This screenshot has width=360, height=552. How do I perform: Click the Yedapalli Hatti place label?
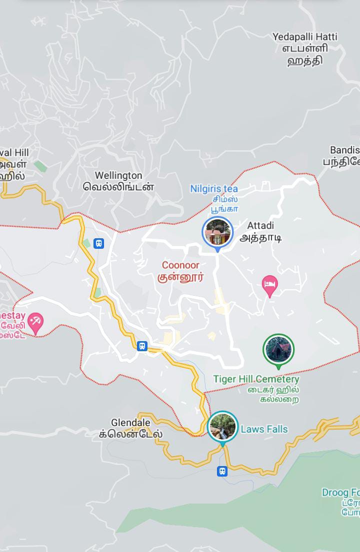(304, 37)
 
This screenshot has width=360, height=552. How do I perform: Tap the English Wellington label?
(118, 176)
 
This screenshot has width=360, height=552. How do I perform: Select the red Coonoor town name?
(180, 265)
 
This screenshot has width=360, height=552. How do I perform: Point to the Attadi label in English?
(260, 226)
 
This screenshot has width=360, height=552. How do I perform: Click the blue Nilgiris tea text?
(214, 189)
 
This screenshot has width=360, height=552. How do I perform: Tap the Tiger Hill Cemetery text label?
(256, 379)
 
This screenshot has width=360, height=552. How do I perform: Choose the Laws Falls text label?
(264, 429)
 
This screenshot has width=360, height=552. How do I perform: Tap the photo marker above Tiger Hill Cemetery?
(278, 350)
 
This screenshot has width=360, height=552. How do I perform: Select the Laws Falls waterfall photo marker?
(222, 426)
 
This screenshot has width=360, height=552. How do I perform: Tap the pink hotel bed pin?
(270, 286)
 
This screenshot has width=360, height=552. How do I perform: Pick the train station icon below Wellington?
(99, 243)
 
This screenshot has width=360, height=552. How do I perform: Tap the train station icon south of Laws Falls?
(222, 471)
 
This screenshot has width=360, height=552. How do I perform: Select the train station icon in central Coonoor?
(142, 346)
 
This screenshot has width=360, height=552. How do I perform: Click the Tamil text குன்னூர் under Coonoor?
(180, 278)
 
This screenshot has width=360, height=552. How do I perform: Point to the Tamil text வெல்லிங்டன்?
(118, 187)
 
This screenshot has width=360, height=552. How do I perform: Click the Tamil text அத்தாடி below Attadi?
(260, 238)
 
